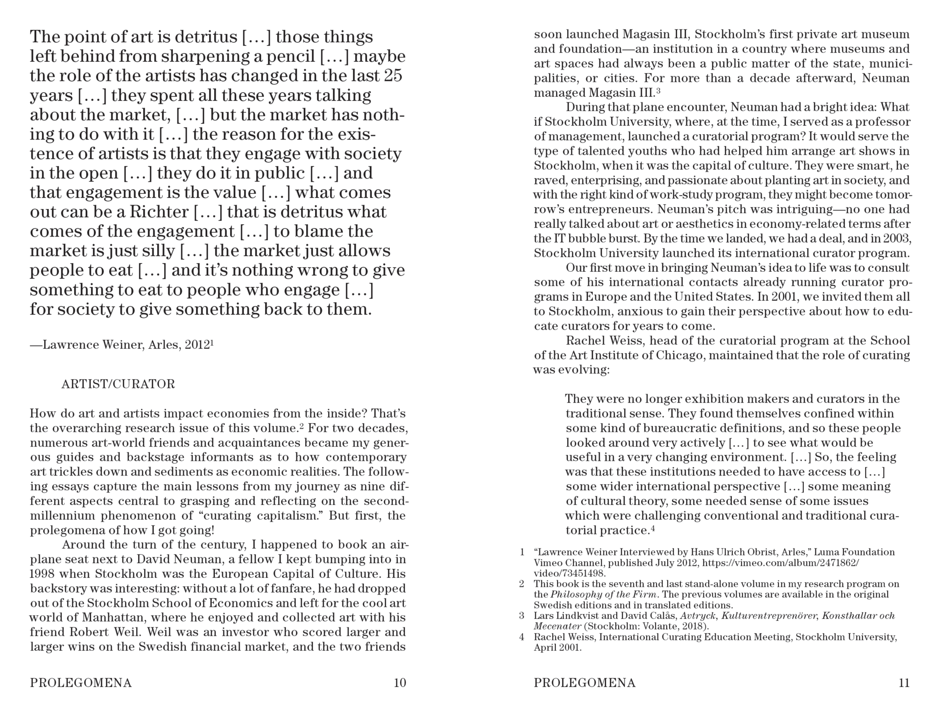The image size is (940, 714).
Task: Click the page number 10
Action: (x=400, y=683)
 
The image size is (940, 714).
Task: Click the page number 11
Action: (x=904, y=683)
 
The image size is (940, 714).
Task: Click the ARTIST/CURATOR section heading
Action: (x=118, y=384)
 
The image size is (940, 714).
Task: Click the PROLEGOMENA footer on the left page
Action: (x=80, y=683)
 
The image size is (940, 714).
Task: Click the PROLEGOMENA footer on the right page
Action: (x=584, y=683)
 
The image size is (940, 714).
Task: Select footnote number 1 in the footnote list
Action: (x=522, y=552)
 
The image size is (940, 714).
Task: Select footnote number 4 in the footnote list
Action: (x=522, y=637)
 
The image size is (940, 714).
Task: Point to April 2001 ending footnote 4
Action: (x=557, y=648)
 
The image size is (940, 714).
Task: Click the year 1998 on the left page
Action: (x=42, y=574)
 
